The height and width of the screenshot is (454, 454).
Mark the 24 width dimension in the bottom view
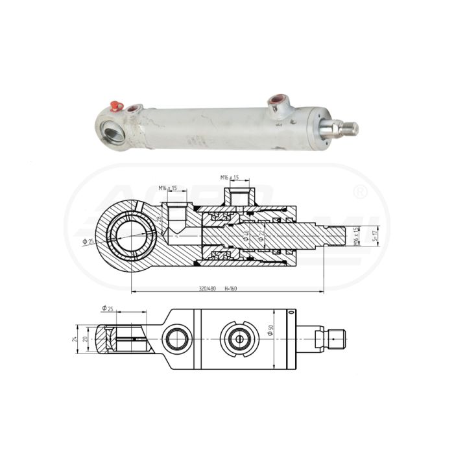(75, 339)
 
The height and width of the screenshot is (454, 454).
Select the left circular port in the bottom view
(176, 338)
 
